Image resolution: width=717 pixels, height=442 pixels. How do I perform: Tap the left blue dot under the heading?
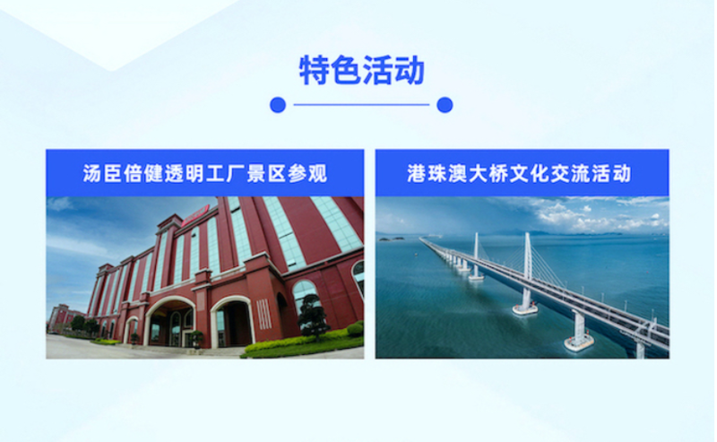click(x=278, y=105)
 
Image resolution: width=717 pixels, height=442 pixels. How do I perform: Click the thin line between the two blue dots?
click(x=361, y=105)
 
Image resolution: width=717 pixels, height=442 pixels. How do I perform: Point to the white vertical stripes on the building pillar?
click(x=263, y=314)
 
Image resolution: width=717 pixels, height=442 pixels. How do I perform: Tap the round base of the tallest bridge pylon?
click(x=525, y=308)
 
